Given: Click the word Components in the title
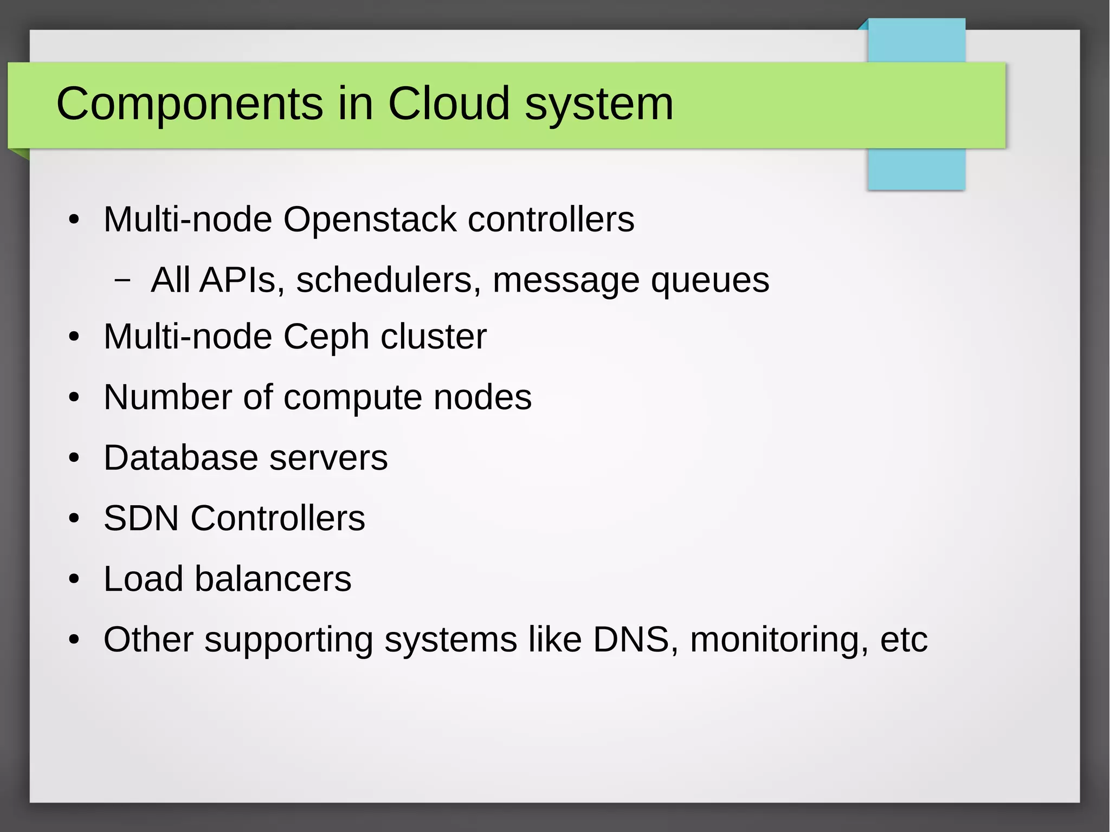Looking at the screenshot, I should [x=190, y=104].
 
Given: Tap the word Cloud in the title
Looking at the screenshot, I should [x=449, y=104].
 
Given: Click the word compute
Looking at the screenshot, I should [x=353, y=398].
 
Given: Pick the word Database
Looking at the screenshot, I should [x=181, y=458].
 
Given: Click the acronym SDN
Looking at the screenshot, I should [x=141, y=518].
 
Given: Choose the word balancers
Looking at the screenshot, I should [x=273, y=579].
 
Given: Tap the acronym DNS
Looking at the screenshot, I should [x=631, y=640].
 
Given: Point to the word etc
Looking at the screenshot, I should [x=904, y=641].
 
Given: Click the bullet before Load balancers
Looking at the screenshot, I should [x=74, y=580].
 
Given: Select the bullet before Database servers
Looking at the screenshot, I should [x=74, y=459].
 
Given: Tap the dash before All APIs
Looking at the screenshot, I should [x=123, y=281].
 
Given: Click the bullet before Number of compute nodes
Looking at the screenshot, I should [x=74, y=398].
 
